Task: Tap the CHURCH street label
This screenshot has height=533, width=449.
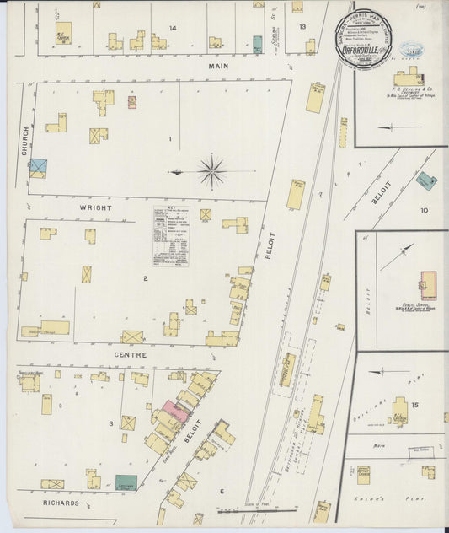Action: click(x=24, y=139)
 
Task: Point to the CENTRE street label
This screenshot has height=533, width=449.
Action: click(x=131, y=356)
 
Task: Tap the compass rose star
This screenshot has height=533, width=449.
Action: click(x=211, y=171)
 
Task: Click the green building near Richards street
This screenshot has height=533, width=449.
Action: click(x=126, y=482)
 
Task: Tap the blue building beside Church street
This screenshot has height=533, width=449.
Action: click(x=38, y=168)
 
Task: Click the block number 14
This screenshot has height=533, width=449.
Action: click(x=172, y=28)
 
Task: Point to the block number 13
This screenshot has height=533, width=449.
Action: click(x=302, y=26)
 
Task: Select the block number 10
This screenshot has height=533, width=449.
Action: click(x=424, y=210)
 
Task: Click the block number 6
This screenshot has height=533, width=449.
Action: click(x=222, y=491)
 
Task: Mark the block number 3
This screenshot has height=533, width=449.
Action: click(x=110, y=423)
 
